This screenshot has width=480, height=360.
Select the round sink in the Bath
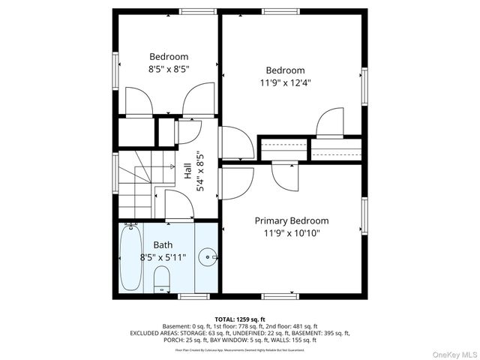206,258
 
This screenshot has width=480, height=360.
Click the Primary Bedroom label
291,220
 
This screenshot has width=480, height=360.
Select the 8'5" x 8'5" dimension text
169,69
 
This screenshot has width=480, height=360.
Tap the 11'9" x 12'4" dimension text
285,83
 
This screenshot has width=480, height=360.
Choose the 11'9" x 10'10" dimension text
291,233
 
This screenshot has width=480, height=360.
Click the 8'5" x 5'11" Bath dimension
163,257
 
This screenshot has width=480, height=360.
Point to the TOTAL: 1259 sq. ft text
240,319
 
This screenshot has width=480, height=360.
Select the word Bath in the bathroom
163,245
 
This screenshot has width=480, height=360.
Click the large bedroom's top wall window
277,12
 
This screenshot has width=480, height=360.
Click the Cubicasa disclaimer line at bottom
240,349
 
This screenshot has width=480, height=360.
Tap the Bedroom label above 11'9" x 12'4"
285,70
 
